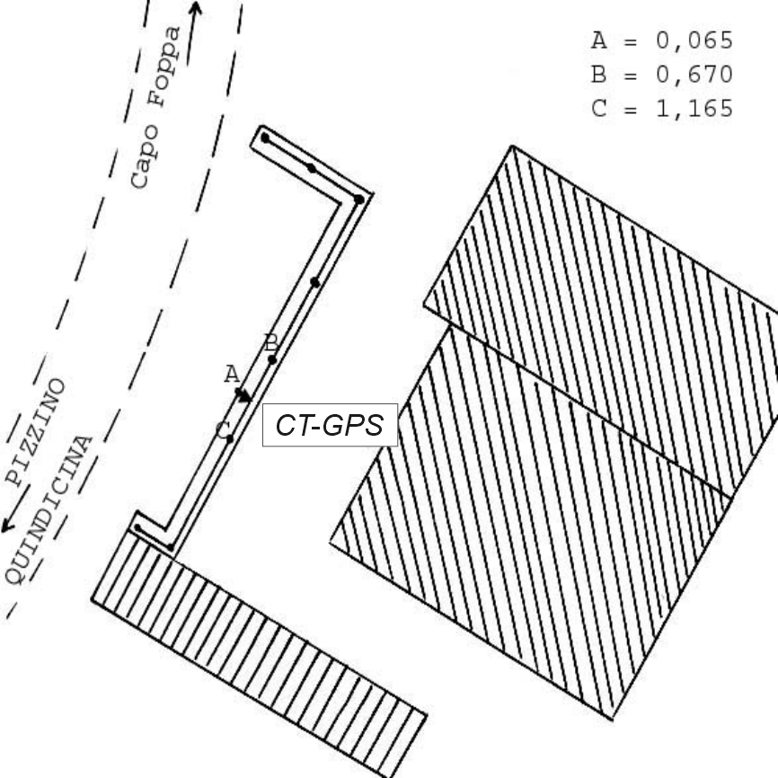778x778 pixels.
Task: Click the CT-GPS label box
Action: click(330, 425)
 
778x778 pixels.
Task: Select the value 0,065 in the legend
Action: click(694, 40)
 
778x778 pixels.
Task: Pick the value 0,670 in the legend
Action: click(694, 75)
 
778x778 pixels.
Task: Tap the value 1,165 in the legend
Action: click(694, 108)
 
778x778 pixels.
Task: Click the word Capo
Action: click(145, 157)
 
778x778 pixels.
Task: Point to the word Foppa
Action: click(164, 66)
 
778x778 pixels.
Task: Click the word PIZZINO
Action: click(35, 431)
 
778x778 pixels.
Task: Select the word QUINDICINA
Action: click(49, 510)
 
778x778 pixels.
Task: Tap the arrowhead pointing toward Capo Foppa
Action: click(196, 8)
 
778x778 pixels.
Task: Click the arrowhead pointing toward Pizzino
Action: click(7, 525)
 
